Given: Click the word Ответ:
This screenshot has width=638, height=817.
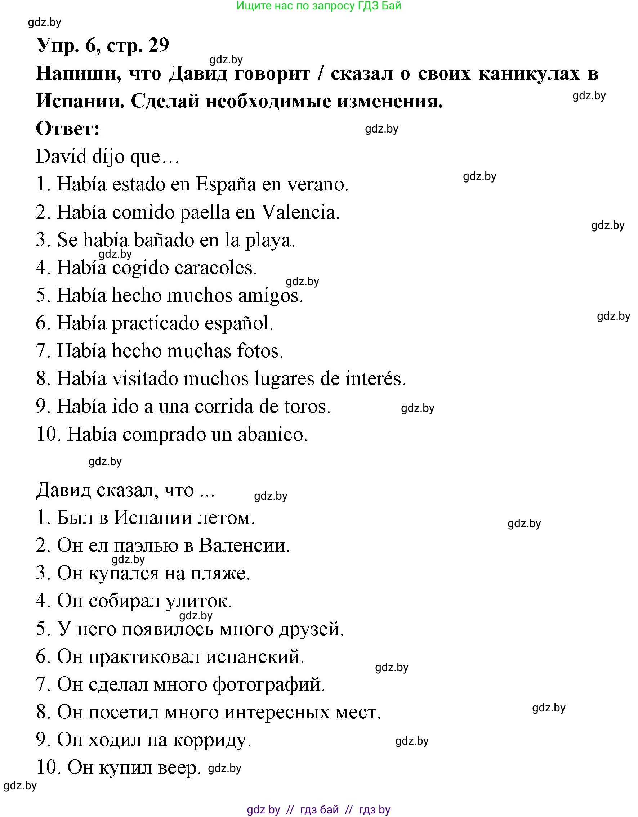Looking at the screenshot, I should [x=68, y=129].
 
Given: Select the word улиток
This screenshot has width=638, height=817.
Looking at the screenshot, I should [x=198, y=601].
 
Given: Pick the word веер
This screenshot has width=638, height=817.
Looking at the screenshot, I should [x=179, y=768].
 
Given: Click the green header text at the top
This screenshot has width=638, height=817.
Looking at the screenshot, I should [x=319, y=6].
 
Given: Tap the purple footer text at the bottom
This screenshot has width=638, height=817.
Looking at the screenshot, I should [x=319, y=810].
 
